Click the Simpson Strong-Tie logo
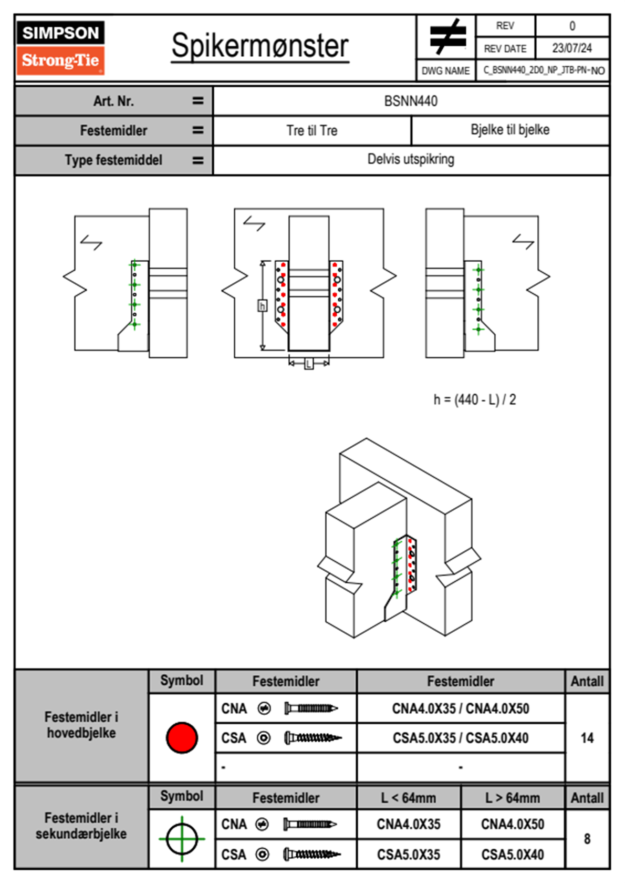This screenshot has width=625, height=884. pyautogui.click(x=60, y=48)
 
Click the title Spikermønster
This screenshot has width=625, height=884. pyautogui.click(x=260, y=46)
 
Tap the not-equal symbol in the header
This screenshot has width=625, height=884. pyautogui.click(x=447, y=37)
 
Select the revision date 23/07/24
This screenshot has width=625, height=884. pyautogui.click(x=571, y=48)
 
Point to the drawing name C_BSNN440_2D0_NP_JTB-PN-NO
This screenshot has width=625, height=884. pyautogui.click(x=544, y=70)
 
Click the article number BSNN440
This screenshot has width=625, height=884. pyautogui.click(x=411, y=101)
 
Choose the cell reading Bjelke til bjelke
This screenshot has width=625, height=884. pyautogui.click(x=510, y=130)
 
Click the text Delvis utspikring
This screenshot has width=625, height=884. pyautogui.click(x=411, y=159)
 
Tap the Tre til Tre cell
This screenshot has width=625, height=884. pyautogui.click(x=312, y=130)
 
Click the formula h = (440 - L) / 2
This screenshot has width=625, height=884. pyautogui.click(x=474, y=400)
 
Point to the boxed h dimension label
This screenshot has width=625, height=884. pyautogui.click(x=262, y=305)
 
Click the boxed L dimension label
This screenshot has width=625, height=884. pyautogui.click(x=309, y=363)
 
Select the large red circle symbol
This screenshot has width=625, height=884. pyautogui.click(x=182, y=737)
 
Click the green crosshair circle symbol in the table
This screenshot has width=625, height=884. pyautogui.click(x=182, y=839)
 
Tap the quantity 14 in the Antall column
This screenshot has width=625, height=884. pyautogui.click(x=587, y=738)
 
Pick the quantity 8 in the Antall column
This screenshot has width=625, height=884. pyautogui.click(x=587, y=839)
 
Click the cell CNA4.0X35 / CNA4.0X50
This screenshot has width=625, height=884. pyautogui.click(x=461, y=708)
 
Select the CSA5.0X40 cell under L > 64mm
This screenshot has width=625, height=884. pyautogui.click(x=512, y=855)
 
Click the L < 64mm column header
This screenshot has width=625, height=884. pyautogui.click(x=408, y=798)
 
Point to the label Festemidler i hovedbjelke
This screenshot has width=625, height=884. pyautogui.click(x=81, y=725)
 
